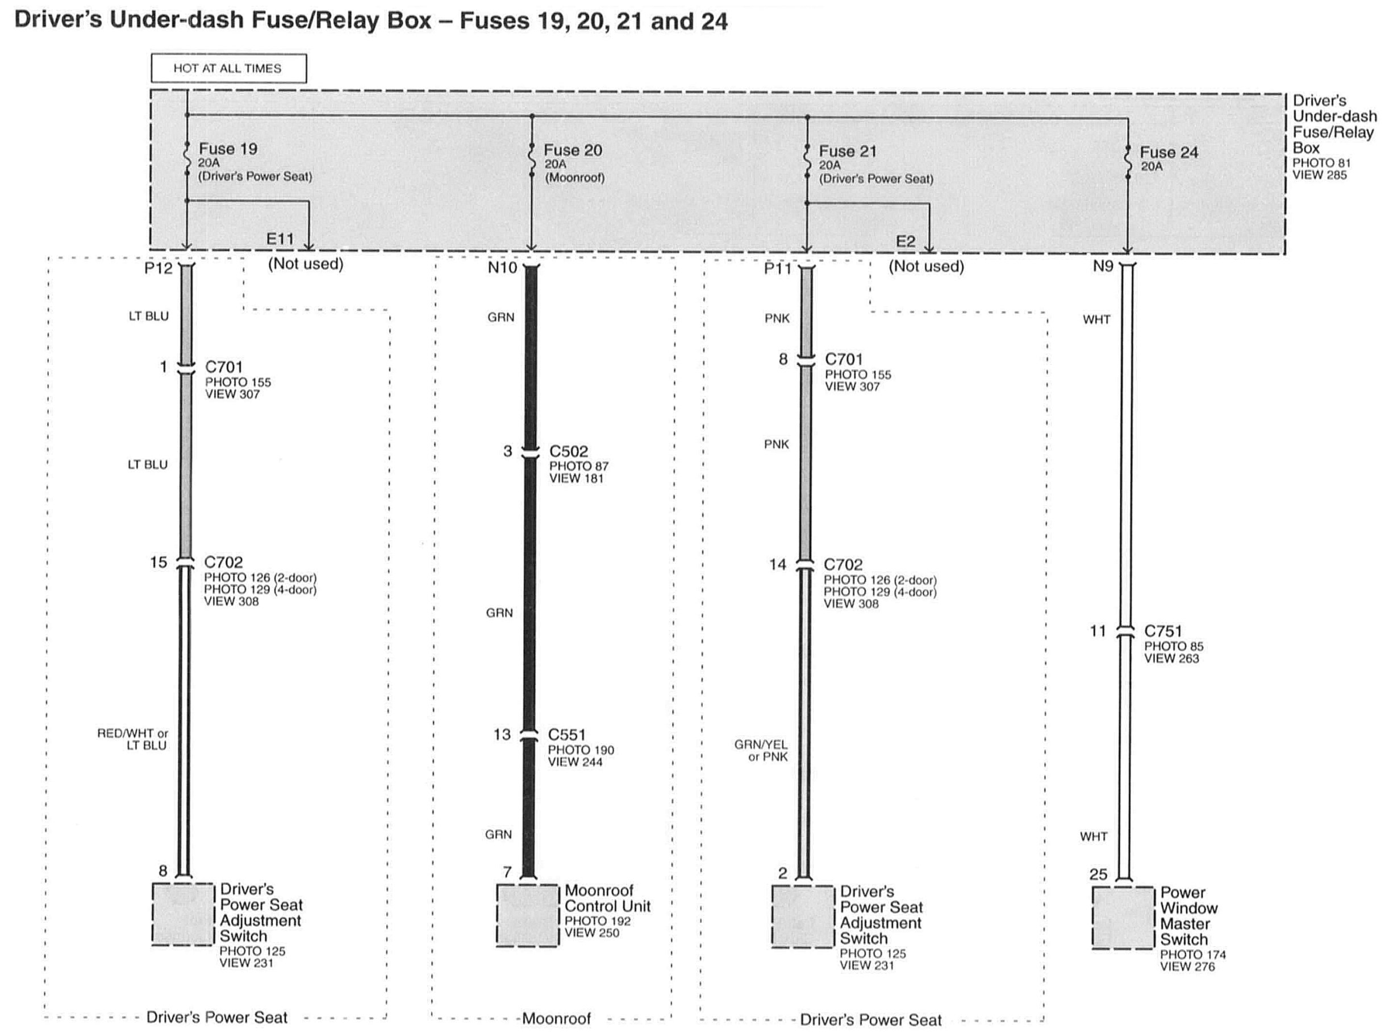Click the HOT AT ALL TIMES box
point(228,68)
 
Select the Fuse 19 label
point(228,149)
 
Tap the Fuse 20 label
point(572,150)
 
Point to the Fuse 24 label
point(1169,152)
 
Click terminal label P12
point(158,268)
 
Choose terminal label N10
point(502,268)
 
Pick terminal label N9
point(1103,267)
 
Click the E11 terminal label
point(280,239)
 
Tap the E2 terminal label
point(905,242)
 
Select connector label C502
point(569,452)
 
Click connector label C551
point(566,734)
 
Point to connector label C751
point(1163,631)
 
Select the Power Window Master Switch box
point(1122,917)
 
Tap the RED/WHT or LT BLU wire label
point(132,739)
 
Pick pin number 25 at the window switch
point(1098,874)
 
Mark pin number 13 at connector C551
point(502,734)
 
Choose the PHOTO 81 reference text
point(1321,163)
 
